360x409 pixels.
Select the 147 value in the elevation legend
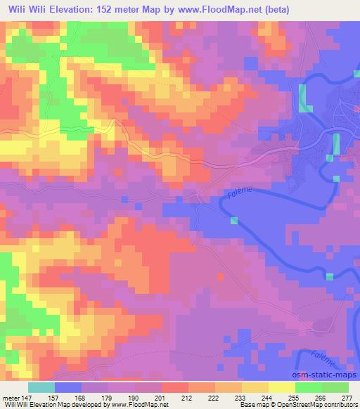coord(27,398)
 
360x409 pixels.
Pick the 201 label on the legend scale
coord(162,398)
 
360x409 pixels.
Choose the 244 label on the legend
coord(269,398)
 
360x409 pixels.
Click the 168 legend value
coord(82,398)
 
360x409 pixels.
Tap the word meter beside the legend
coord(11,398)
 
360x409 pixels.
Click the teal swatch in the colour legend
coord(41,387)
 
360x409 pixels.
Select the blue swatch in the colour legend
coord(67,387)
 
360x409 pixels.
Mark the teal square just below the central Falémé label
coord(233,221)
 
